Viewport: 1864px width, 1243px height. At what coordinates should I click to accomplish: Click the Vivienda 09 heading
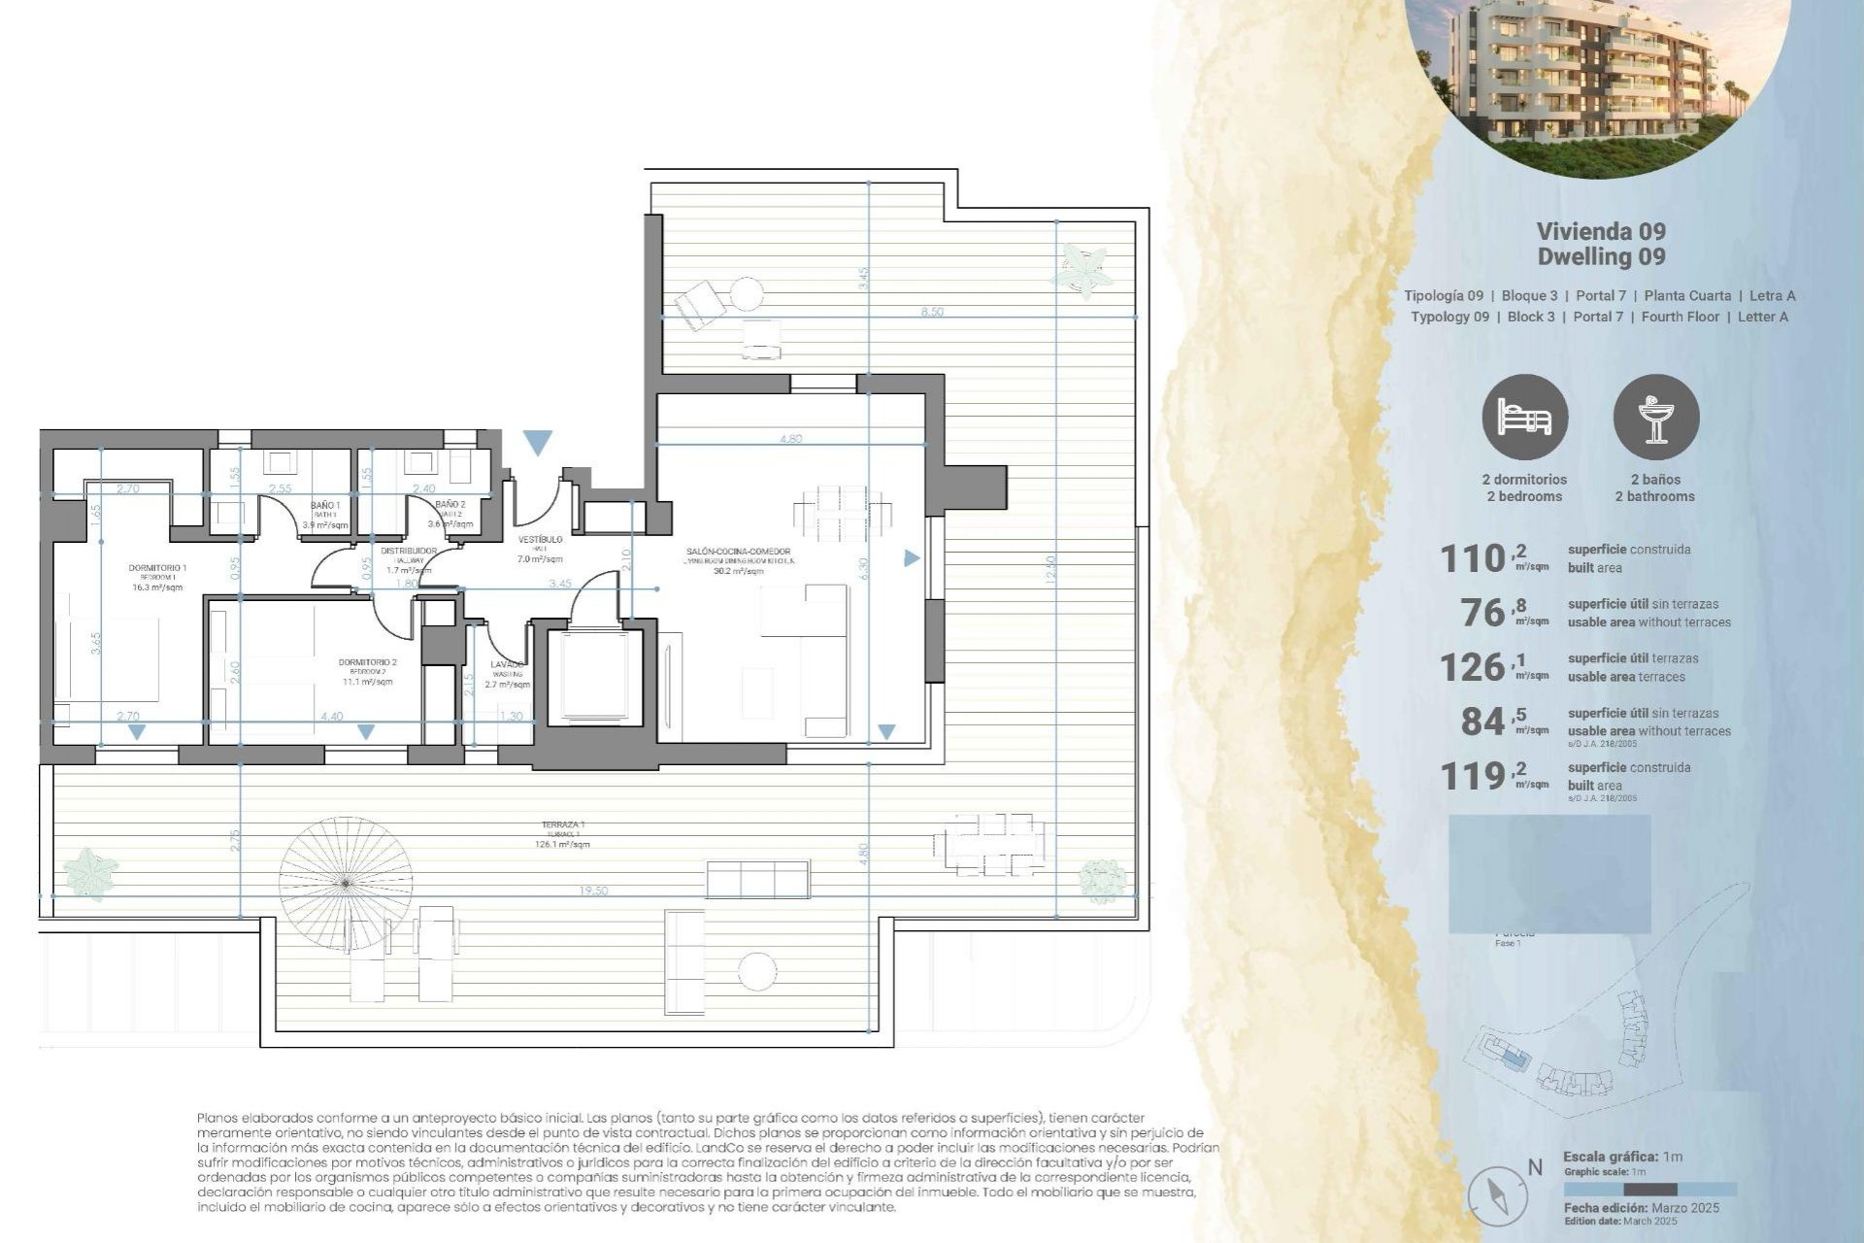pyautogui.click(x=1601, y=231)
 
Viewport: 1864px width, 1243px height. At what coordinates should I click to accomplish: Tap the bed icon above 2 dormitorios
pyautogui.click(x=1524, y=418)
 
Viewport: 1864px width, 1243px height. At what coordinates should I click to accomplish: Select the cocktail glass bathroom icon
pyautogui.click(x=1655, y=418)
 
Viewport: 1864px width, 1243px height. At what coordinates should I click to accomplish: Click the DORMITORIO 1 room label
pyautogui.click(x=157, y=568)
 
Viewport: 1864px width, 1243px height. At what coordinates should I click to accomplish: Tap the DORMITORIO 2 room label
pyautogui.click(x=367, y=662)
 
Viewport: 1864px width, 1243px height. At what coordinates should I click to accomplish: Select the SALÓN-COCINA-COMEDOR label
pyautogui.click(x=738, y=552)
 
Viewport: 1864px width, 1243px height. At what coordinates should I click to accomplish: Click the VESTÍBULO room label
pyautogui.click(x=540, y=540)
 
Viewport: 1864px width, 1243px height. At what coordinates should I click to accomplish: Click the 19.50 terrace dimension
pyautogui.click(x=592, y=890)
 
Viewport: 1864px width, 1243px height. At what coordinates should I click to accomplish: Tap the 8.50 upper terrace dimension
pyautogui.click(x=931, y=312)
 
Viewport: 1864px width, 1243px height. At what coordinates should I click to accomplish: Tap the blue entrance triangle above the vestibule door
pyautogui.click(x=537, y=443)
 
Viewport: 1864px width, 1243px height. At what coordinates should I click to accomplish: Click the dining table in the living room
pyautogui.click(x=843, y=515)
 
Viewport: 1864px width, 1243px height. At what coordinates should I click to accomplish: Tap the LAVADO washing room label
pyautogui.click(x=507, y=665)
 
